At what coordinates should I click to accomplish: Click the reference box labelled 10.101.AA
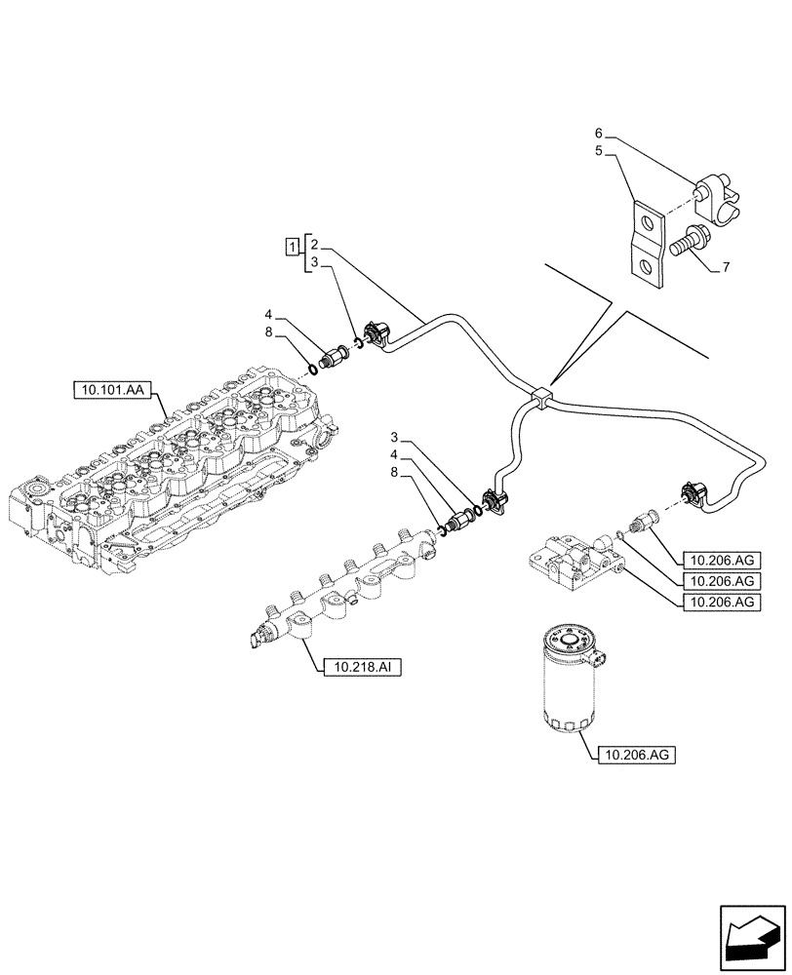pyautogui.click(x=109, y=392)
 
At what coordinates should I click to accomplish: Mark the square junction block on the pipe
pyautogui.click(x=542, y=396)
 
